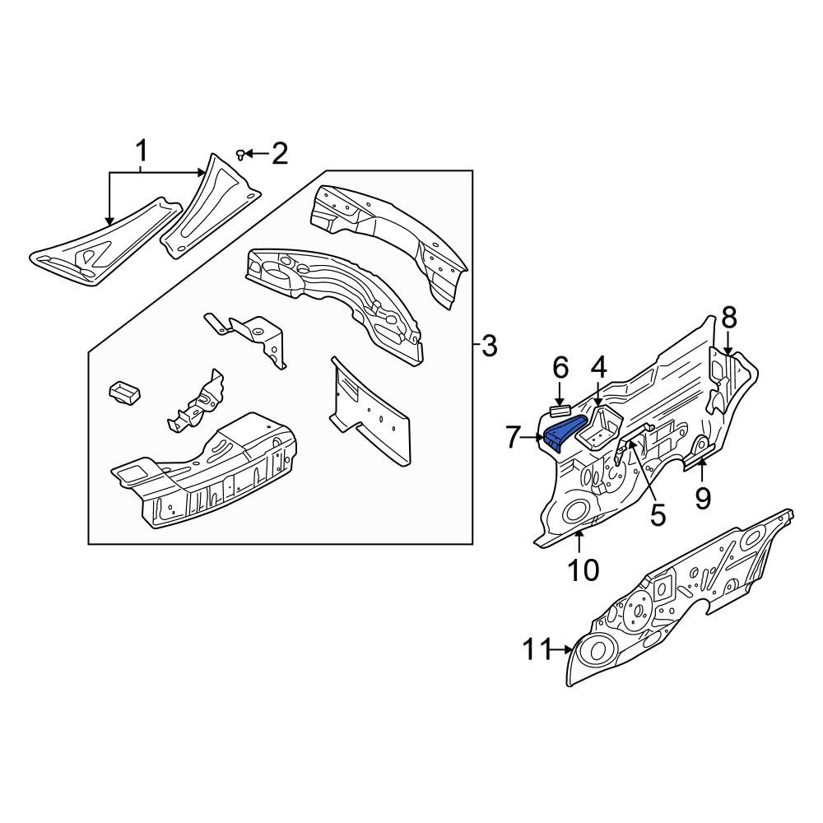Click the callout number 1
pos(142,151)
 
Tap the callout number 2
pos(280,154)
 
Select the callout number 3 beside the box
pos(489,346)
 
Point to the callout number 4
pos(598,368)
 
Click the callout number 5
pos(658,514)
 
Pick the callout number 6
pos(560,368)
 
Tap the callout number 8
pos(729,318)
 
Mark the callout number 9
pos(703,498)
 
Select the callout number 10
pos(584,570)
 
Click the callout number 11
pos(537,650)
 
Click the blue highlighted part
pos(564,431)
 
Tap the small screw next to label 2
pos(241,155)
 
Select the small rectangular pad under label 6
pos(560,411)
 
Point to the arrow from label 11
pos(562,650)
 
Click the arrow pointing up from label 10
pos(579,542)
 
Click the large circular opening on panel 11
pos(597,650)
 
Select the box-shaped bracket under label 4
pos(599,428)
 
